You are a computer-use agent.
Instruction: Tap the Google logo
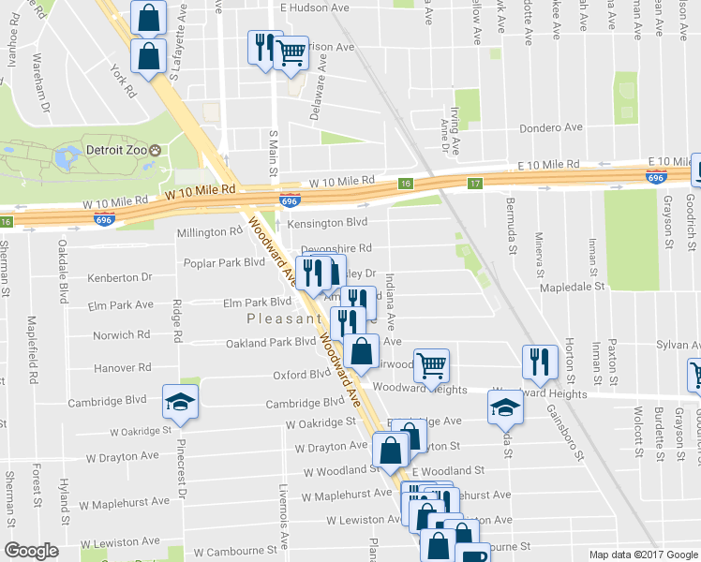(x=31, y=550)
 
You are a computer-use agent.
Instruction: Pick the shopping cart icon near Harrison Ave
(x=291, y=53)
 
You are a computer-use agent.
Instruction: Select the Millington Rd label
(x=210, y=232)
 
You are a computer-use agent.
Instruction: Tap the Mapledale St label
(x=574, y=288)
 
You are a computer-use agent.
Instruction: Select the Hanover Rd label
(x=97, y=368)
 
